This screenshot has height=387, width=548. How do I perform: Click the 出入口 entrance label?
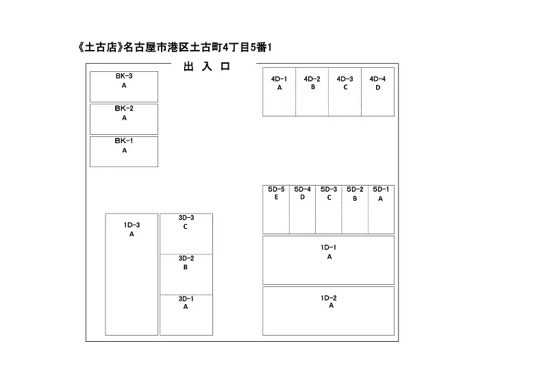coord(207,66)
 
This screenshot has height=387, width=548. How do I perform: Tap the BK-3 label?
coord(124,76)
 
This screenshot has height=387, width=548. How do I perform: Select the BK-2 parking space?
coord(124,119)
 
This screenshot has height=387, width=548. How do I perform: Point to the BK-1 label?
coord(124,141)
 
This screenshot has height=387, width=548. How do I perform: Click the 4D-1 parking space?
coord(279,92)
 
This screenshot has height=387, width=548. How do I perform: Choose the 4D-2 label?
coord(312,79)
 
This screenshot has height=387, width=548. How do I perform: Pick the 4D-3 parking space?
coord(345,92)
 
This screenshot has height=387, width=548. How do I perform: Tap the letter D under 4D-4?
coord(378,88)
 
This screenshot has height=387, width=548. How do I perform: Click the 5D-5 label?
coord(276,189)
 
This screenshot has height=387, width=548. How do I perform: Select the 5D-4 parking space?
coord(302,210)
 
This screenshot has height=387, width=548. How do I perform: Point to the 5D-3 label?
coord(329,189)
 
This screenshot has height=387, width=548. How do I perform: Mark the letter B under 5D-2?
coord(355,199)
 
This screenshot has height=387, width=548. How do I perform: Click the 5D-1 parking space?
coord(382,210)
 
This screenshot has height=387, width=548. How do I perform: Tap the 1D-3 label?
coord(132,225)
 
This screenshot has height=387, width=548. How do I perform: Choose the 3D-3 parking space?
coord(186,234)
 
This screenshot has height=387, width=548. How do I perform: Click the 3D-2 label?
coord(186,258)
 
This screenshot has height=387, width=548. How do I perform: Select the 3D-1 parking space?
coord(186,315)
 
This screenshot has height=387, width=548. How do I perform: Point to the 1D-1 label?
coord(329,247)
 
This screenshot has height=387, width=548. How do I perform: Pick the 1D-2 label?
coord(329,298)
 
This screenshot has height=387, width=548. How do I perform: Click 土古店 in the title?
coord(100,47)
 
